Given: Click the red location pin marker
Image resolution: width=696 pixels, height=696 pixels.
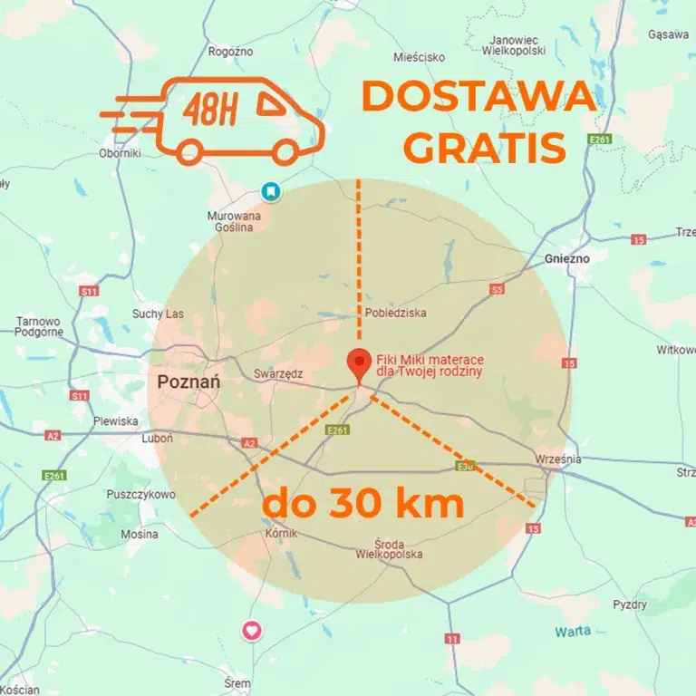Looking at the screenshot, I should click(x=360, y=363).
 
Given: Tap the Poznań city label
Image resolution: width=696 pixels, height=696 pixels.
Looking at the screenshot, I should click(x=188, y=382).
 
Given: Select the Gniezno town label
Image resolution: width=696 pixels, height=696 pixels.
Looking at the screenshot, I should click(x=567, y=258).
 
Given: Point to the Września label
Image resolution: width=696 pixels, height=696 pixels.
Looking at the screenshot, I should click(x=557, y=459).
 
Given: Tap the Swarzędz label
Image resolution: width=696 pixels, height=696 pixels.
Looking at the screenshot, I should click(x=278, y=372).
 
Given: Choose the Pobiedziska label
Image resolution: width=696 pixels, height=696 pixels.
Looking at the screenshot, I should click(x=395, y=314).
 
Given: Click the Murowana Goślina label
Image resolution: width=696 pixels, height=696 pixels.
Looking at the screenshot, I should click(x=234, y=221).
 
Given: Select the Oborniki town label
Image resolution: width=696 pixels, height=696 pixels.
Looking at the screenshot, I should click(x=120, y=153).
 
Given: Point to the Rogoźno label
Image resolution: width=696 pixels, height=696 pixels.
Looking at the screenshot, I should click(x=230, y=52).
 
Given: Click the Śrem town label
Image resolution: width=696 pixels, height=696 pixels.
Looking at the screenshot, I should click(x=237, y=683).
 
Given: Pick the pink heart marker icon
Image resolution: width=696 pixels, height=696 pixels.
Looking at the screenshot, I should click(x=253, y=630).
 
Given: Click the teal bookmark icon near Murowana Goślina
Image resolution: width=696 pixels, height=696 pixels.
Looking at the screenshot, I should click(x=270, y=191).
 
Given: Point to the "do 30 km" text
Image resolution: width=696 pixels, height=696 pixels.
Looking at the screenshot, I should click(x=363, y=503).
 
